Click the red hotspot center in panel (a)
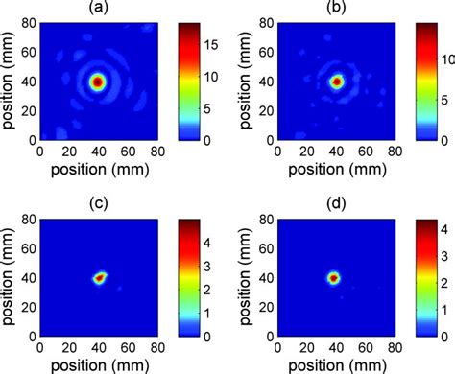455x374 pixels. point(97,82)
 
